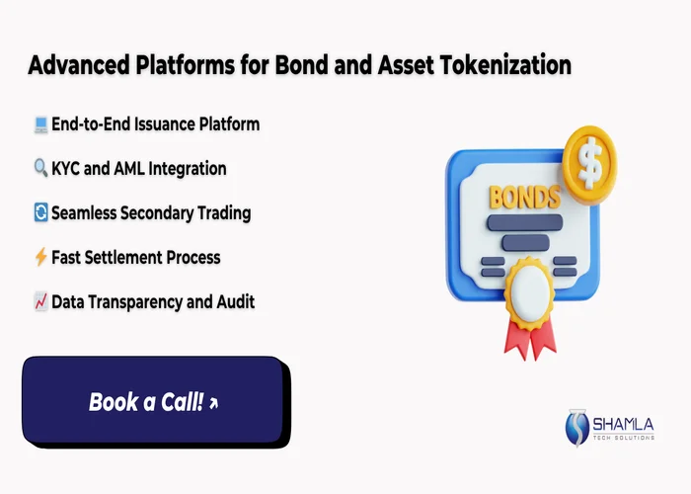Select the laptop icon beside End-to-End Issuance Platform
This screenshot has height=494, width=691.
(x=40, y=124)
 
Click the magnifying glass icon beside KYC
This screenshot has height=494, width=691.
(x=40, y=169)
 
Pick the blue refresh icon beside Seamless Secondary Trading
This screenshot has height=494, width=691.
(x=40, y=213)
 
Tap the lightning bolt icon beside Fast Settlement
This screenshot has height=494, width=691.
(x=40, y=258)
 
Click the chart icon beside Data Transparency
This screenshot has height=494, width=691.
(x=40, y=302)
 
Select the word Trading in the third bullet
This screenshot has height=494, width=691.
(x=223, y=213)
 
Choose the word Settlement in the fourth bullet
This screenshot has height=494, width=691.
(x=128, y=258)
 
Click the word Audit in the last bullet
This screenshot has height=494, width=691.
(x=233, y=302)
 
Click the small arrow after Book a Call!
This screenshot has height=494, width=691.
(x=214, y=403)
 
